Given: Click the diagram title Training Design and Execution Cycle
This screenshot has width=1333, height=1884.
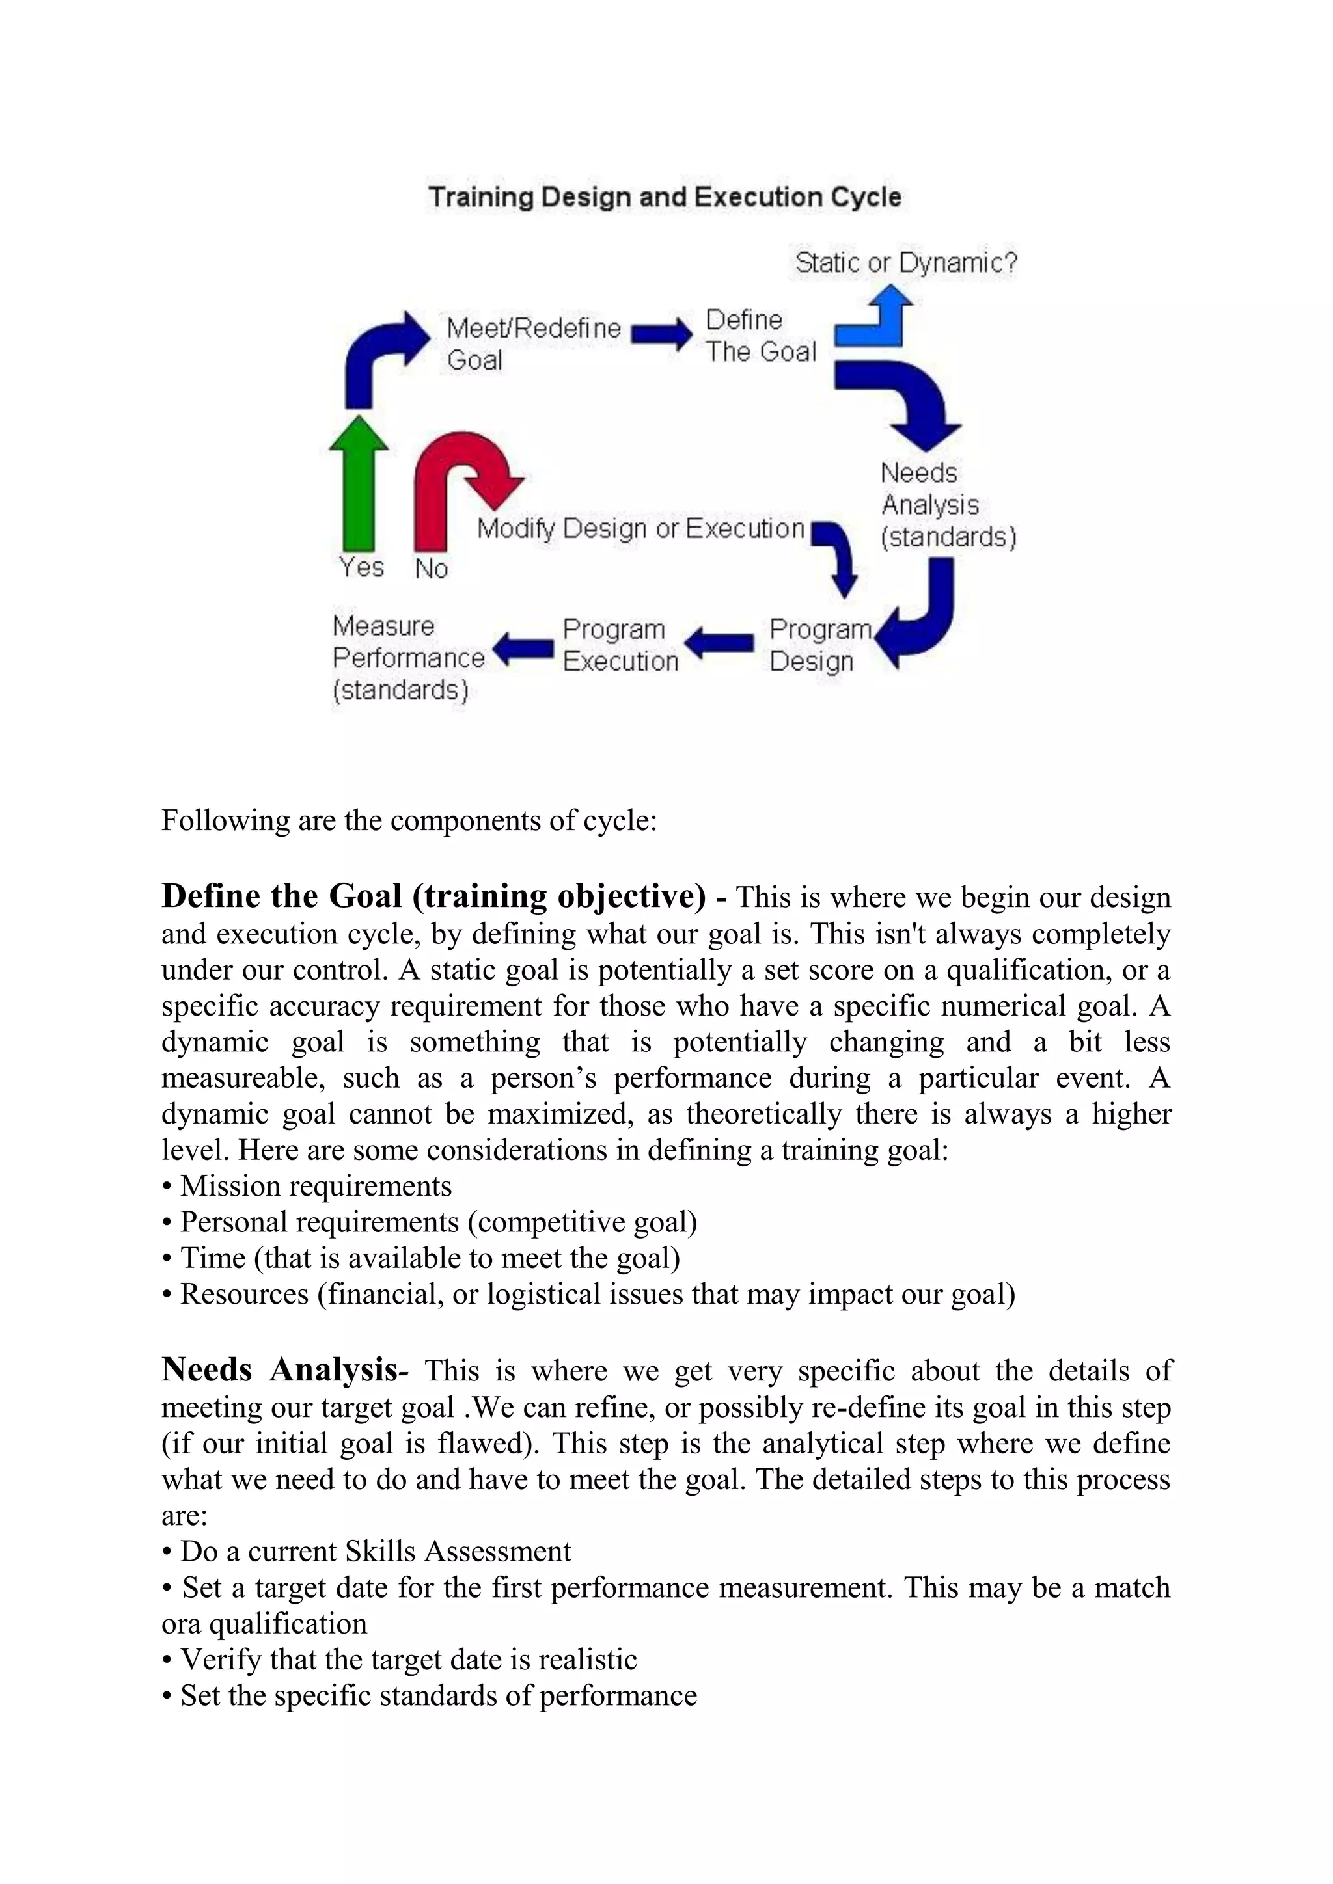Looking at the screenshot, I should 665,197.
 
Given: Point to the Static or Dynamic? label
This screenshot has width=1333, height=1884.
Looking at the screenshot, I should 906,263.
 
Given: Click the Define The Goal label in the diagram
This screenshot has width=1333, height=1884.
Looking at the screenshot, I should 760,336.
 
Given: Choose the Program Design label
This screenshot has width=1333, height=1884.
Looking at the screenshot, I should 819,645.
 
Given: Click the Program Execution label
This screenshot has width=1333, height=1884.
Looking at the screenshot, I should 620,645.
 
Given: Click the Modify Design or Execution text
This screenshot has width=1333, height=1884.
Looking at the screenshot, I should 640,528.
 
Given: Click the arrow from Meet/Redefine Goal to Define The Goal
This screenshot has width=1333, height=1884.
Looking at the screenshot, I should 661,334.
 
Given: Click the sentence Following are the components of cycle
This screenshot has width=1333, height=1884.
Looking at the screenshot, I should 409,820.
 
